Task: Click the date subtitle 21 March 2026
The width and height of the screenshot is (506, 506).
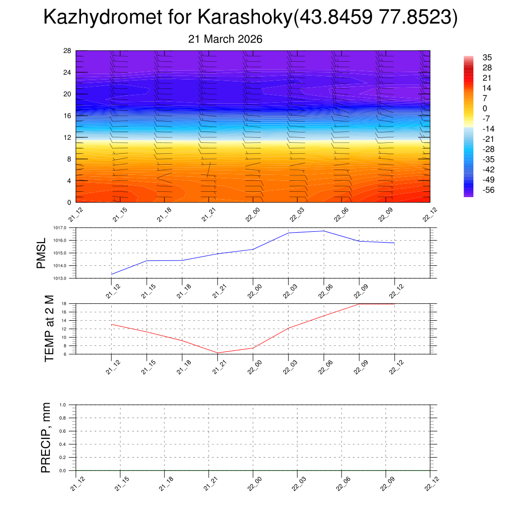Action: (225, 39)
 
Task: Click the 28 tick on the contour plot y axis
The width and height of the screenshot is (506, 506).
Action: (68, 51)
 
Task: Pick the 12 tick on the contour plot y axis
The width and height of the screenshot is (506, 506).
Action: (68, 137)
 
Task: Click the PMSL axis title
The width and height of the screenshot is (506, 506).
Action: (41, 253)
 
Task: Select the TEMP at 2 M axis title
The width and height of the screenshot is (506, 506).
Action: (49, 329)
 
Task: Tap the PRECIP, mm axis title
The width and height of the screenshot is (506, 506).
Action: (46, 438)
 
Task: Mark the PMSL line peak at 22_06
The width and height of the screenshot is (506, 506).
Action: (324, 231)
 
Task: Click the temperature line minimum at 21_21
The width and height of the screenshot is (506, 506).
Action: (218, 353)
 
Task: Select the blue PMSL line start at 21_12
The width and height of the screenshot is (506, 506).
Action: (112, 274)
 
